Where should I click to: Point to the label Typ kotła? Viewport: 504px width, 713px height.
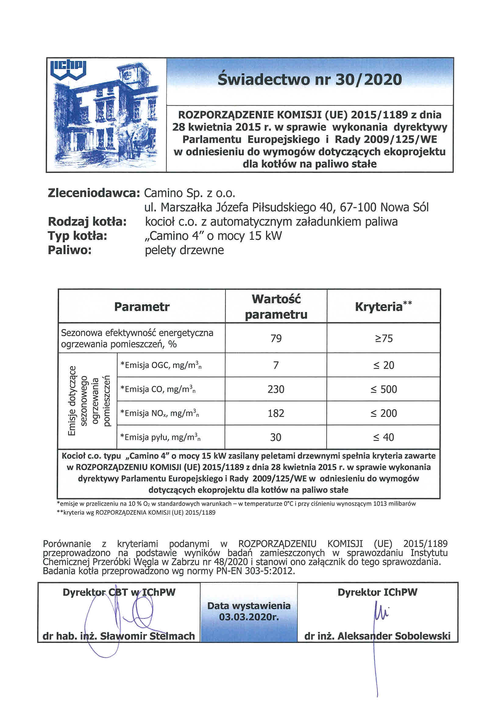tap(77, 236)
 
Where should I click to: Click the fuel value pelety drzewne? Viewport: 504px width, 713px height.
tap(184, 250)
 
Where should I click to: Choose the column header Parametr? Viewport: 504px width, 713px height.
tap(142, 307)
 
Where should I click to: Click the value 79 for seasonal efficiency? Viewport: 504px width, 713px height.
tap(276, 338)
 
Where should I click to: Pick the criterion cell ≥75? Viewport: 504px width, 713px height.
tap(384, 338)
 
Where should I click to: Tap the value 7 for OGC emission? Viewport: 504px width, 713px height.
tap(276, 365)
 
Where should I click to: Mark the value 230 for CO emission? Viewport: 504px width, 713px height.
tap(276, 389)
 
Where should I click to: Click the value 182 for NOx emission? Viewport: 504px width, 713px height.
tap(276, 413)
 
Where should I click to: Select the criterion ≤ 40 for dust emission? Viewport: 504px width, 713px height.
tap(384, 437)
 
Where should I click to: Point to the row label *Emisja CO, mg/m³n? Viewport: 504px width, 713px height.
tap(158, 389)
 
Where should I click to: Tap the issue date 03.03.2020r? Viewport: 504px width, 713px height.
tap(249, 617)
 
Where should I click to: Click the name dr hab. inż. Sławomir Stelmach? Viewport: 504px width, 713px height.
tap(119, 636)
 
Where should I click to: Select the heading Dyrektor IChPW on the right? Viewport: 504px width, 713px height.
tap(378, 592)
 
